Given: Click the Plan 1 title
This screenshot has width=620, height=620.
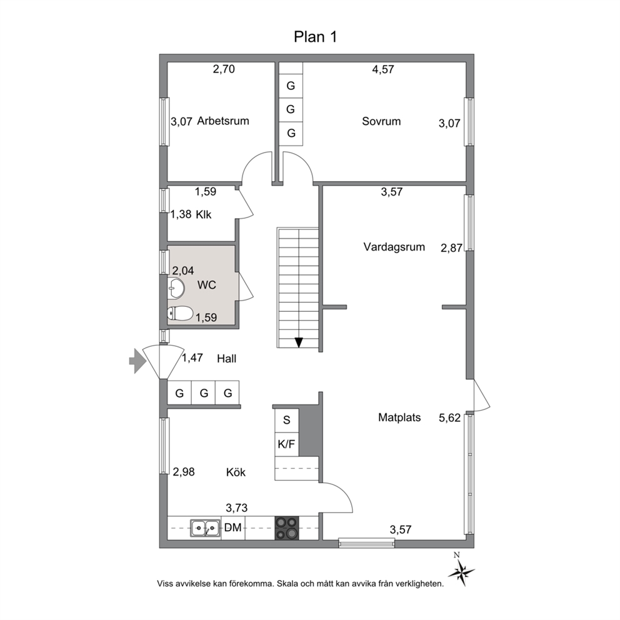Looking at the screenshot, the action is coord(315,37).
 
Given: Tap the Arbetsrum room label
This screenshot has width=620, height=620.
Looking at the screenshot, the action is coord(223,121).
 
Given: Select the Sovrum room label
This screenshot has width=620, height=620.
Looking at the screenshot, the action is coord(381,121).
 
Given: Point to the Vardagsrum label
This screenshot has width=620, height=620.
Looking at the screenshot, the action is coord(394,247).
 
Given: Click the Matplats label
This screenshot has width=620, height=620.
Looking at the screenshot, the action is coord(399,417).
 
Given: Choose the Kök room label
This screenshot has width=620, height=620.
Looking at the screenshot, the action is coord(236,472).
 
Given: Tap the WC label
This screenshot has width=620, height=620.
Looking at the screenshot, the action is coord(206,285).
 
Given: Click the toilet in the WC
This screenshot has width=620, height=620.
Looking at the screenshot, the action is coord(180,314).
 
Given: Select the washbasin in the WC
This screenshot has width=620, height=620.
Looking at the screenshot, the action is coord(176,287).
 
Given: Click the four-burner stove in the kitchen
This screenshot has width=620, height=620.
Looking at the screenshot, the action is coord(287,528).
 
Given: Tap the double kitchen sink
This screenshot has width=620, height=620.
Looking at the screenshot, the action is coord(205,528).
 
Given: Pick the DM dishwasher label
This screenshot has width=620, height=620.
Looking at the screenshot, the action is coord(232,527).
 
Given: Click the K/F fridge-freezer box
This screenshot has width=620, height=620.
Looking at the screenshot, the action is coord(287,444).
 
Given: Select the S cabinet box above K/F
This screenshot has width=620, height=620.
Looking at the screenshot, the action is coord(287,420).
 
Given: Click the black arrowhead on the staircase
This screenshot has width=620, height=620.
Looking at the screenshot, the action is coord(299,342).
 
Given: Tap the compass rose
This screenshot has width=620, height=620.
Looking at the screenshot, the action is coord(461,571).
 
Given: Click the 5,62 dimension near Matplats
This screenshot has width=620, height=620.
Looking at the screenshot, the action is coord(449,418).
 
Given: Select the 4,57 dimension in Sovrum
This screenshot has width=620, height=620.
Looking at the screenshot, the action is coord(382,69).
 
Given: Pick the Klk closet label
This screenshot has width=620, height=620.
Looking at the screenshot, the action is coord(204,215).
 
